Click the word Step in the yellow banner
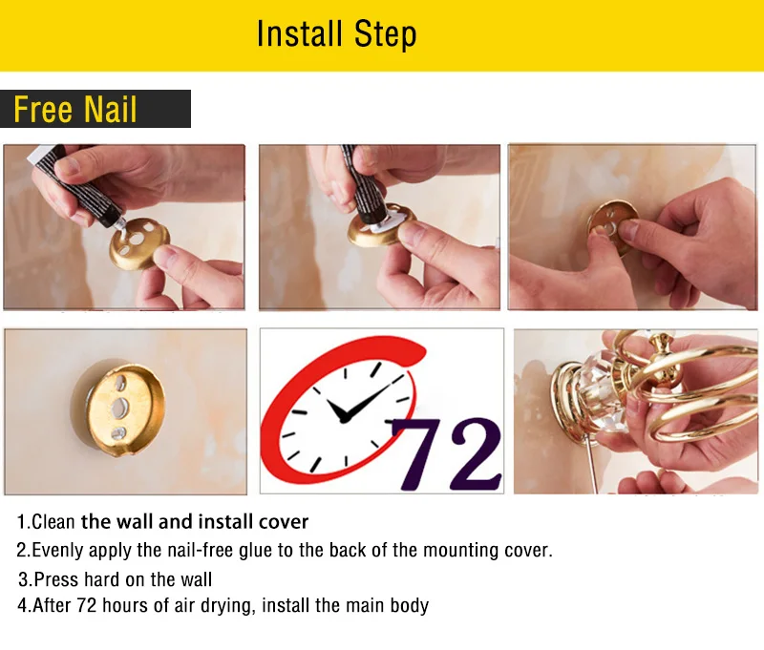click(x=385, y=34)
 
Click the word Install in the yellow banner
click(x=299, y=33)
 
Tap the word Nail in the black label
click(x=110, y=109)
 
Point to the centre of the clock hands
click(x=345, y=419)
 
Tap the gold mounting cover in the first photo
click(x=139, y=243)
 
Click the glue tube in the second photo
click(x=365, y=186)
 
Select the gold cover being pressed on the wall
click(x=613, y=226)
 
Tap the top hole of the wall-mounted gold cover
click(x=120, y=383)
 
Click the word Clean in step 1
click(x=53, y=522)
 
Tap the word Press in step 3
click(x=56, y=579)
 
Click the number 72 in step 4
click(x=87, y=606)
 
